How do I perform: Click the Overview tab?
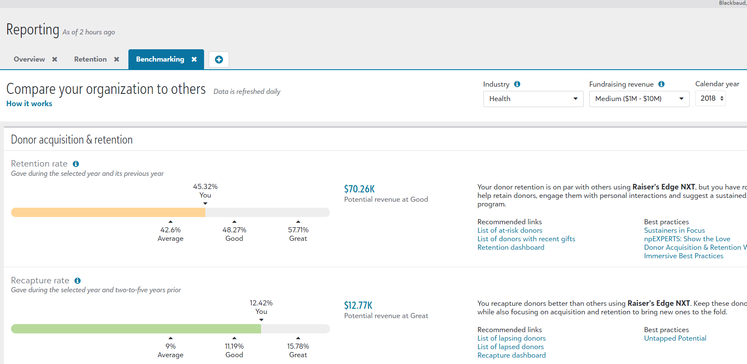tap(29, 59)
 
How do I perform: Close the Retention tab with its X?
tap(116, 59)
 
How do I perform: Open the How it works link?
tap(29, 104)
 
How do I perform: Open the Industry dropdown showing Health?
tap(533, 99)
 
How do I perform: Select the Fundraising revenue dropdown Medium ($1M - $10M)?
tap(639, 99)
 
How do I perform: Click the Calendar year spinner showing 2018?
tap(710, 99)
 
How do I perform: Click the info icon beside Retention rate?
tap(76, 164)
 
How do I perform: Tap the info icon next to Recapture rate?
tap(77, 281)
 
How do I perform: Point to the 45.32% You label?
tap(205, 191)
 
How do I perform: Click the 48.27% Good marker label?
tap(234, 234)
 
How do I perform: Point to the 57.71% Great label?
tap(298, 234)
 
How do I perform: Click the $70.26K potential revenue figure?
tap(359, 189)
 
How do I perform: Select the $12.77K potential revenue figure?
tap(358, 305)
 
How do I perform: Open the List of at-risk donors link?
tap(510, 231)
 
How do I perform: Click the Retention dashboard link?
tap(511, 248)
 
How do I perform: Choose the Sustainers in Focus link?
tap(674, 231)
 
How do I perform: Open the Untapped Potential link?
tap(675, 339)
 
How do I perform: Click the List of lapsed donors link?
tap(510, 347)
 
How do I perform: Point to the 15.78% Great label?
tap(298, 350)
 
